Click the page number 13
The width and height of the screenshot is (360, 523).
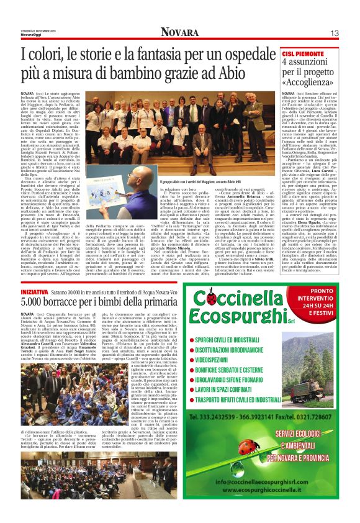pyautogui.click(x=333, y=32)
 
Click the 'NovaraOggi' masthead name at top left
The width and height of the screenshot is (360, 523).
pyautogui.click(x=31, y=35)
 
